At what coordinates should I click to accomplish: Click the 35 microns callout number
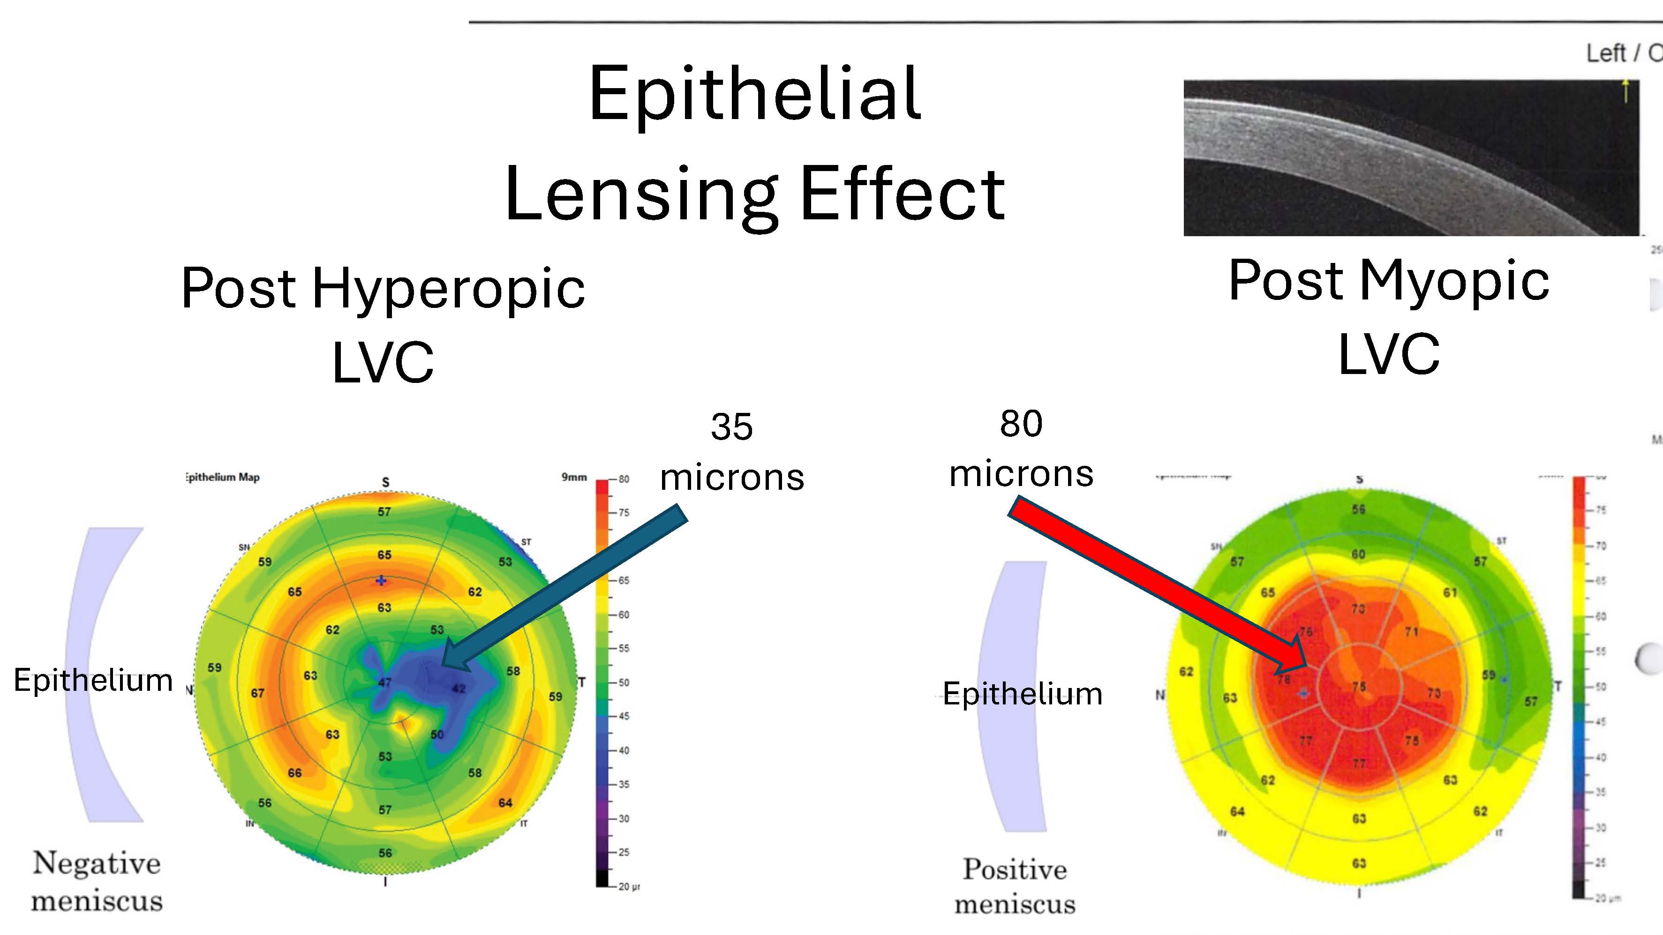[731, 427]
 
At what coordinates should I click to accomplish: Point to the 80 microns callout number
[1021, 424]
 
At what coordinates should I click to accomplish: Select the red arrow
[1156, 584]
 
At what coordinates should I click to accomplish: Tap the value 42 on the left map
[459, 688]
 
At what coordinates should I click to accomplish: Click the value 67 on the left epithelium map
[257, 693]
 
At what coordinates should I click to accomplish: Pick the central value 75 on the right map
[1359, 687]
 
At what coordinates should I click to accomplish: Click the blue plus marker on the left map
[381, 581]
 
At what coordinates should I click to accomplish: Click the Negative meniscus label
[97, 882]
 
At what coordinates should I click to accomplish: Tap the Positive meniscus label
[1015, 886]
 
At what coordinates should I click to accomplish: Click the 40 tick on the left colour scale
[624, 750]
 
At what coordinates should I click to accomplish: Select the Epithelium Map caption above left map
[223, 478]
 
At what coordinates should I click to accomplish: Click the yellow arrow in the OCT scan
[1625, 90]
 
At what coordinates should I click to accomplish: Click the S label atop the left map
[385, 482]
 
